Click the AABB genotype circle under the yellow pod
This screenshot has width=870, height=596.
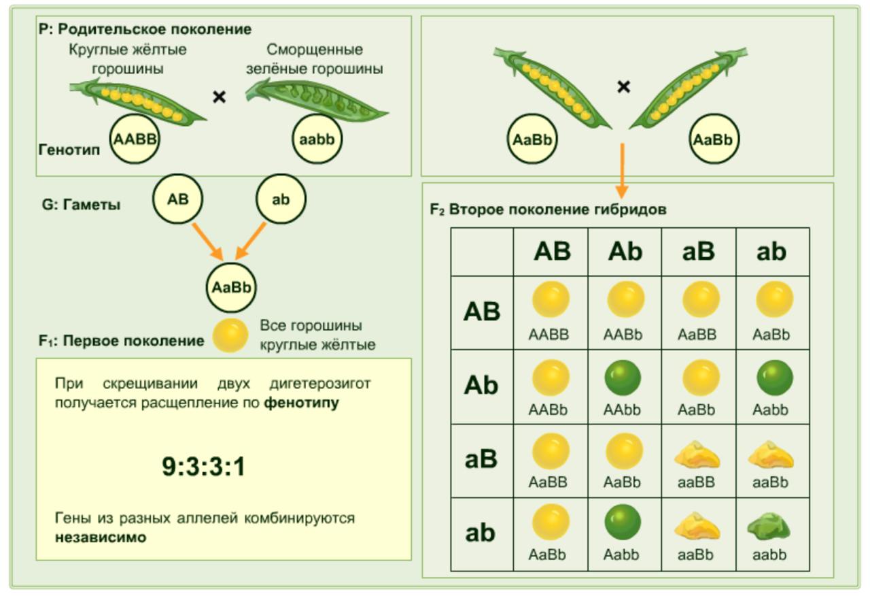click(135, 139)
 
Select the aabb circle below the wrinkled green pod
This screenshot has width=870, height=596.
click(317, 139)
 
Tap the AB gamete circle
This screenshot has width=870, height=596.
click(177, 199)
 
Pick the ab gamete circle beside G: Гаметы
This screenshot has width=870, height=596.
click(281, 200)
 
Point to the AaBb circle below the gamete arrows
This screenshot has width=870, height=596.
click(231, 287)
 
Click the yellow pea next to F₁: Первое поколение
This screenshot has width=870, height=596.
click(230, 335)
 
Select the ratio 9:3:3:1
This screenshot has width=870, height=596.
click(203, 467)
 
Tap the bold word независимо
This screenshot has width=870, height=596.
click(101, 537)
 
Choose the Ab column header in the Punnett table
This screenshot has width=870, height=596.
click(625, 252)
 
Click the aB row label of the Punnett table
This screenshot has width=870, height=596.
click(481, 460)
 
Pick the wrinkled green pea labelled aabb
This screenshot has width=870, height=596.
click(771, 527)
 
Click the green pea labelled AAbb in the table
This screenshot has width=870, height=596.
click(623, 378)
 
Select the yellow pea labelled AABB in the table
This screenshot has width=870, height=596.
click(551, 299)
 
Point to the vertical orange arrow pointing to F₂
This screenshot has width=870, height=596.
click(621, 170)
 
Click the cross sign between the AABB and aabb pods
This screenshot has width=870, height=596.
click(219, 97)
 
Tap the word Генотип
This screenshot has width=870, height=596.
click(69, 150)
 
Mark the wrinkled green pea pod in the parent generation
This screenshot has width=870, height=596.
click(316, 99)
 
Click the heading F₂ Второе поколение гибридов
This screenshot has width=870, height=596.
click(548, 210)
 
